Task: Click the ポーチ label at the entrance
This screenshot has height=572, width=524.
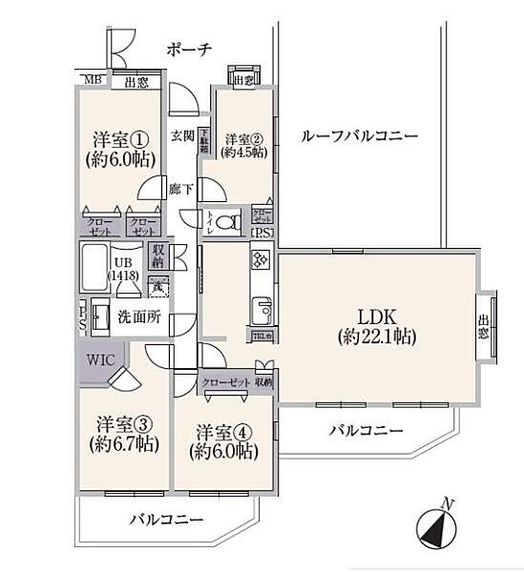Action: [x=187, y=50]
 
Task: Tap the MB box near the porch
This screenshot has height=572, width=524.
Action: [x=92, y=81]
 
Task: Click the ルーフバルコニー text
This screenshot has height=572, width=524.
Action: [x=359, y=136]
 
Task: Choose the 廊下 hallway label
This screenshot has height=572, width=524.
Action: [x=181, y=188]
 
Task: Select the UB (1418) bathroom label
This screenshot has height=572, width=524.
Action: [x=124, y=269]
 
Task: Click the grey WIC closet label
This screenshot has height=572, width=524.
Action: [x=101, y=360]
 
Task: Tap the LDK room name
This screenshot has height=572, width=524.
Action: [x=377, y=316]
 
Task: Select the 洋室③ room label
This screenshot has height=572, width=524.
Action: [x=120, y=423]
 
